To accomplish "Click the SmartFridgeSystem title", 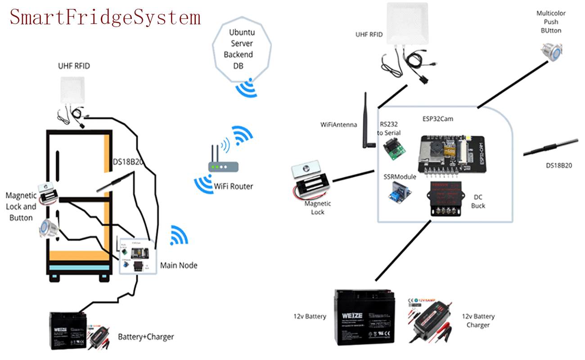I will (x=105, y=17).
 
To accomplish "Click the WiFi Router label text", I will (x=233, y=186).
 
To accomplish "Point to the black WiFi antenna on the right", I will (x=367, y=121).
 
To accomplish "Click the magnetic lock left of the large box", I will (x=310, y=180).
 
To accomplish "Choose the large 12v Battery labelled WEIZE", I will (x=364, y=317).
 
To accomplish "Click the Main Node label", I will (x=179, y=265).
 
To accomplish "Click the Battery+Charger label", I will (x=146, y=337).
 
